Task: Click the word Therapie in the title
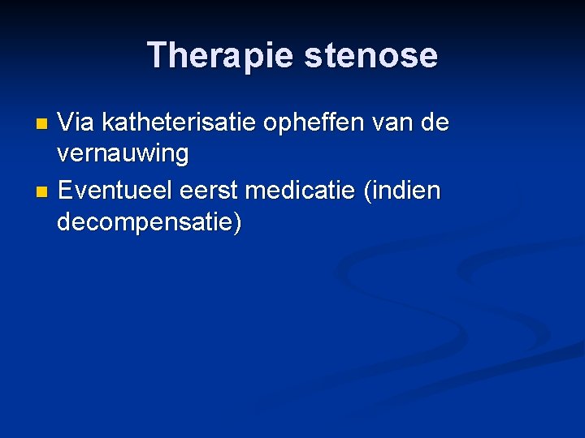pyautogui.click(x=219, y=55)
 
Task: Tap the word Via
pyautogui.click(x=76, y=123)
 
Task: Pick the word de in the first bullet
pyautogui.click(x=436, y=123)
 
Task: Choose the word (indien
pyautogui.click(x=403, y=191)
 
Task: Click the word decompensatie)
pyautogui.click(x=149, y=221)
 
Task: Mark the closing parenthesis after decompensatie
pyautogui.click(x=236, y=221)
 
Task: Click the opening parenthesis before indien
pyautogui.click(x=370, y=191)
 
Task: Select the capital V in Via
pyautogui.click(x=67, y=123)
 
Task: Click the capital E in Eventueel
pyautogui.click(x=66, y=191)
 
